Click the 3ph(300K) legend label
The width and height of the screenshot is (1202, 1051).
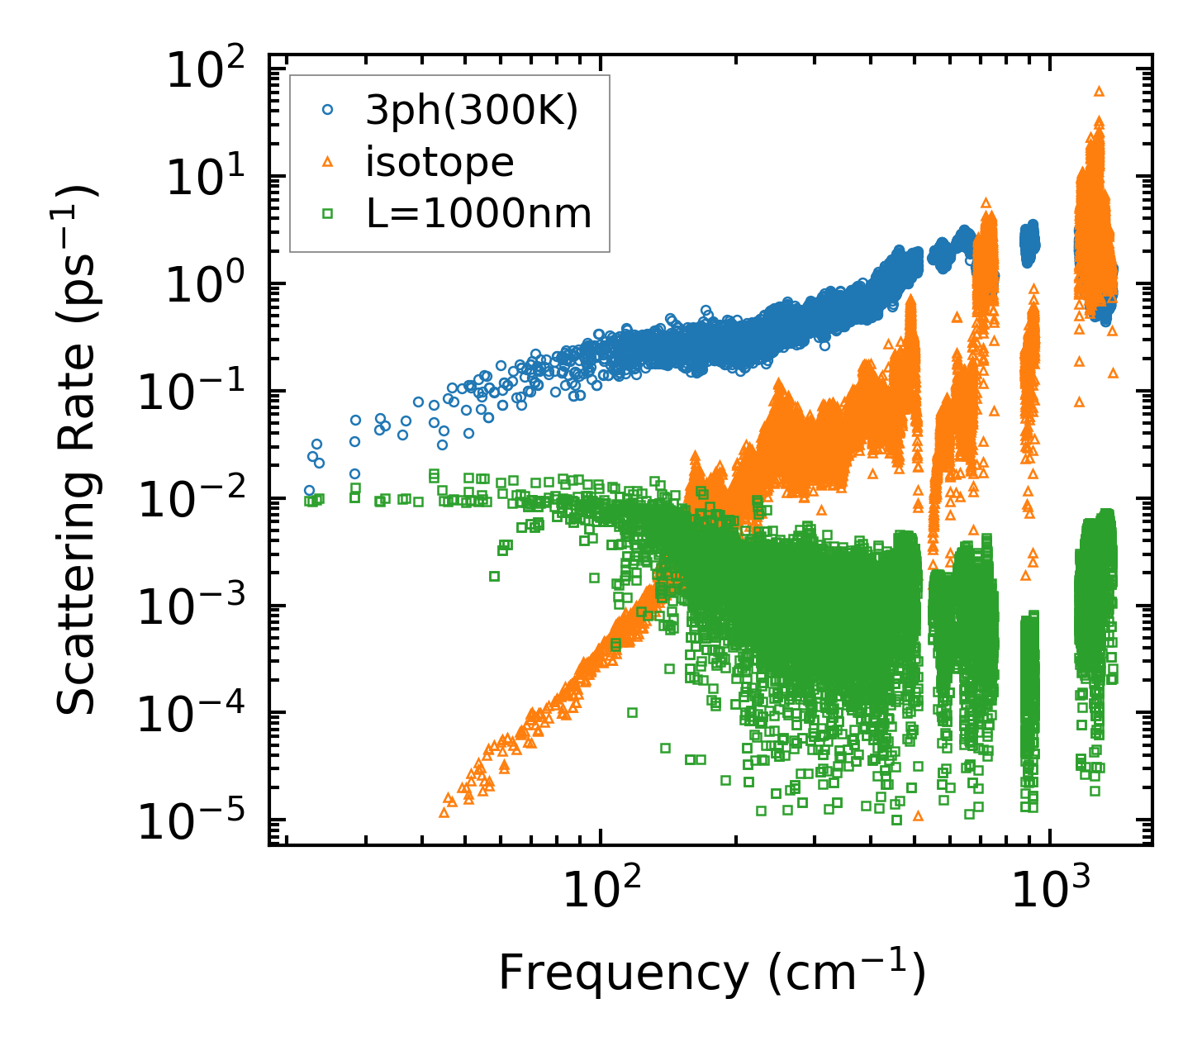pyautogui.click(x=472, y=111)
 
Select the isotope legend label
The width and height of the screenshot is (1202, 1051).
pyautogui.click(x=440, y=162)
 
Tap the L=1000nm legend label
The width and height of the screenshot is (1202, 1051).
pyautogui.click(x=479, y=214)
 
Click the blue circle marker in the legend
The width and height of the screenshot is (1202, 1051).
pyautogui.click(x=327, y=109)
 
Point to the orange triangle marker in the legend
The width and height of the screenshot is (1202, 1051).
pyautogui.click(x=327, y=162)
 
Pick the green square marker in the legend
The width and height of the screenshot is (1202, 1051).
pyautogui.click(x=327, y=214)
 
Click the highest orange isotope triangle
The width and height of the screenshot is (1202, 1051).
pyautogui.click(x=1099, y=91)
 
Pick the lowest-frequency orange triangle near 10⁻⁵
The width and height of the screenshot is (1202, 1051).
pyautogui.click(x=444, y=812)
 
